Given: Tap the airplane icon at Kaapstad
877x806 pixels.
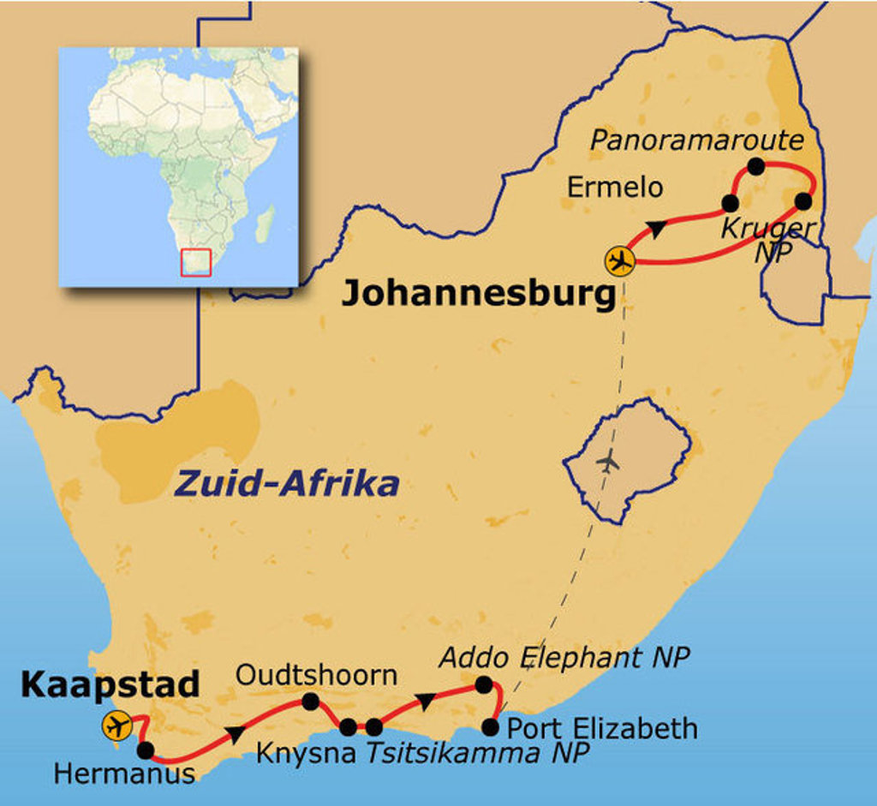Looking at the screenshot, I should pos(116,725).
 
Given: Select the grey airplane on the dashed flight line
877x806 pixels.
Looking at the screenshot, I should pos(608,462).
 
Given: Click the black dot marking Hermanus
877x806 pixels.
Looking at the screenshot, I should pos(146,750).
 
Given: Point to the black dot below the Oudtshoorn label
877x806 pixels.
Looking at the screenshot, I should pos(310,702).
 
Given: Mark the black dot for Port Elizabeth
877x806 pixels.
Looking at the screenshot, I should pos(490,728).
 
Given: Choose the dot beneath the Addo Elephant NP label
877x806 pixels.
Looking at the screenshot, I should pos(483,684).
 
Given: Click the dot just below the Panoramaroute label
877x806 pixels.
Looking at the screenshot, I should pos(755,166).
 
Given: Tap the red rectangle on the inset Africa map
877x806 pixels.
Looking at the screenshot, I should pos(196,262).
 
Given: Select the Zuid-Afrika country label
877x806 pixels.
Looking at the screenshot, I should pos(287,484).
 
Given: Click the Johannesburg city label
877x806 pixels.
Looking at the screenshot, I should pos(479,295).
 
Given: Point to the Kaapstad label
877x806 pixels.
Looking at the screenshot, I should pos(110,684).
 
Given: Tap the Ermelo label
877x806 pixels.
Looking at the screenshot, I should pos(615,188).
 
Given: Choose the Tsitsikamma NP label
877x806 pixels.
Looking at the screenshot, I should pos(478,753).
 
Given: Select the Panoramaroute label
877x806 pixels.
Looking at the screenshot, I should pos(697,140).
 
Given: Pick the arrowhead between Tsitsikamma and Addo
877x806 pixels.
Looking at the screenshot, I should pos(426,701).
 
